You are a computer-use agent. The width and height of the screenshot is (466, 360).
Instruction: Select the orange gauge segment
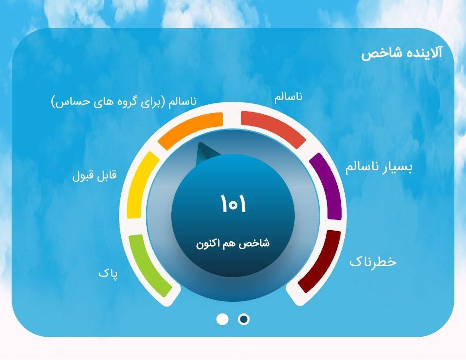click(190, 130)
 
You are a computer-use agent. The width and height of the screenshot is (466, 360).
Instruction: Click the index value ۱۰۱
click(233, 204)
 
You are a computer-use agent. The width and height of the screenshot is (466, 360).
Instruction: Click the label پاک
click(108, 274)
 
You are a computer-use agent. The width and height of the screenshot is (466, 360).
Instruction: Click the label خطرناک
click(373, 262)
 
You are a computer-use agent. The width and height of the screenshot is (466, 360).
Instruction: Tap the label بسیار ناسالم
click(379, 168)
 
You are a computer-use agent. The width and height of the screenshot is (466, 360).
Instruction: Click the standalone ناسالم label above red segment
click(288, 97)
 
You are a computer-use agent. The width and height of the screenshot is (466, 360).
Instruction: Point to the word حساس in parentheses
click(69, 102)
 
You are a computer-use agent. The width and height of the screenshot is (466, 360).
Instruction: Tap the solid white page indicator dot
click(222, 319)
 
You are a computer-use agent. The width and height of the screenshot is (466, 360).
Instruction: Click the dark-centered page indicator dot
click(244, 319)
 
